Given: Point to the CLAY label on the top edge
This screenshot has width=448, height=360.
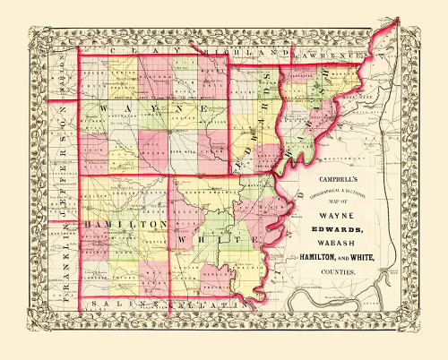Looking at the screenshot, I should (125, 54).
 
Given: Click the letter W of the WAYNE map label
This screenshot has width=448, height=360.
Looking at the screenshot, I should (106, 108).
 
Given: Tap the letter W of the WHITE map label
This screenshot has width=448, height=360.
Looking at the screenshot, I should (181, 241).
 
